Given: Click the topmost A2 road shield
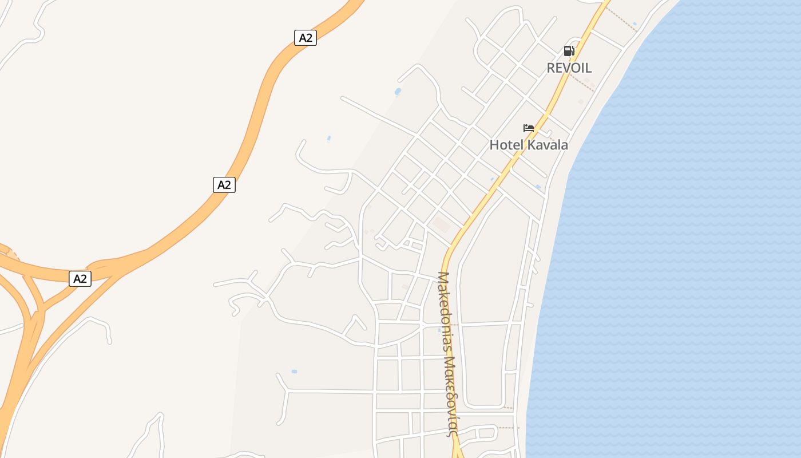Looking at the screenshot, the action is point(306,38).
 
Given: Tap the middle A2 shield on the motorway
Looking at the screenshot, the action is point(224,185).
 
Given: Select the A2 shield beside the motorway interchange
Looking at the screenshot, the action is point(80,279).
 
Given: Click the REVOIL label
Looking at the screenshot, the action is point(569,68).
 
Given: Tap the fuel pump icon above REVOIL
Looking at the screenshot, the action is point(569,51).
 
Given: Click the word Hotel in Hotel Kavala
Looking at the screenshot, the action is point(506,145).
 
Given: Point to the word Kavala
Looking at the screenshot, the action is point(548,145).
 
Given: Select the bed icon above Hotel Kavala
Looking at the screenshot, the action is point(529,128).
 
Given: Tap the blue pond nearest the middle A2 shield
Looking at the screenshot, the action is point(328,138).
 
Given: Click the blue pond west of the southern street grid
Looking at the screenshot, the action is point(294,372).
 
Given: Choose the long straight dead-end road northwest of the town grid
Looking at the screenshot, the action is point(378,116).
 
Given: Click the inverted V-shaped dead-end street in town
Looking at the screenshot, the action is point(355,323).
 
